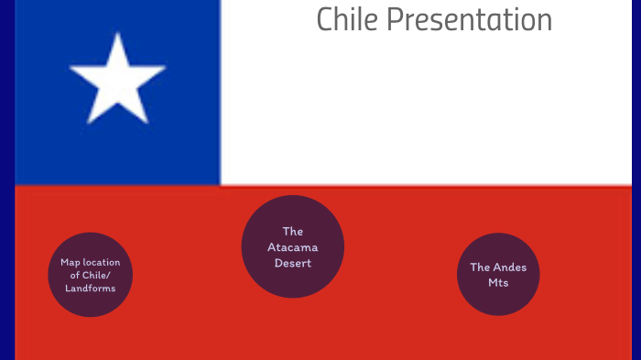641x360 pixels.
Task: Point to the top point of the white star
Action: (117, 35)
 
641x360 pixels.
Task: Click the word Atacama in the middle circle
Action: (292, 247)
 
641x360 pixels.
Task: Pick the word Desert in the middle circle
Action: (292, 263)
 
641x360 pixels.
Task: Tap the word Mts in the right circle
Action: (498, 283)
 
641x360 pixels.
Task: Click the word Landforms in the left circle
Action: (91, 289)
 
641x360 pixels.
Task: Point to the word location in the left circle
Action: (102, 262)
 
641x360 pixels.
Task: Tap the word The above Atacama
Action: (292, 232)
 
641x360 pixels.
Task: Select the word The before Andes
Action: (481, 267)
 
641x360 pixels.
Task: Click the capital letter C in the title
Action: (325, 19)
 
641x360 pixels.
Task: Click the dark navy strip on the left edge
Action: (6, 183)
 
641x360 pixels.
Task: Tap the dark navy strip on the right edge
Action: (636, 183)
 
